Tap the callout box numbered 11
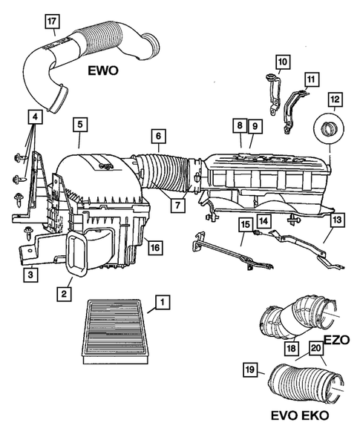pos(310,79)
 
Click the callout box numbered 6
pos(157,136)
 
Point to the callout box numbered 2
pos(65,295)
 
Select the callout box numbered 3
pos(30,275)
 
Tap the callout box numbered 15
pos(244,223)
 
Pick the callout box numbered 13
pos(336,220)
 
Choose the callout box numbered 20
pos(316,349)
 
